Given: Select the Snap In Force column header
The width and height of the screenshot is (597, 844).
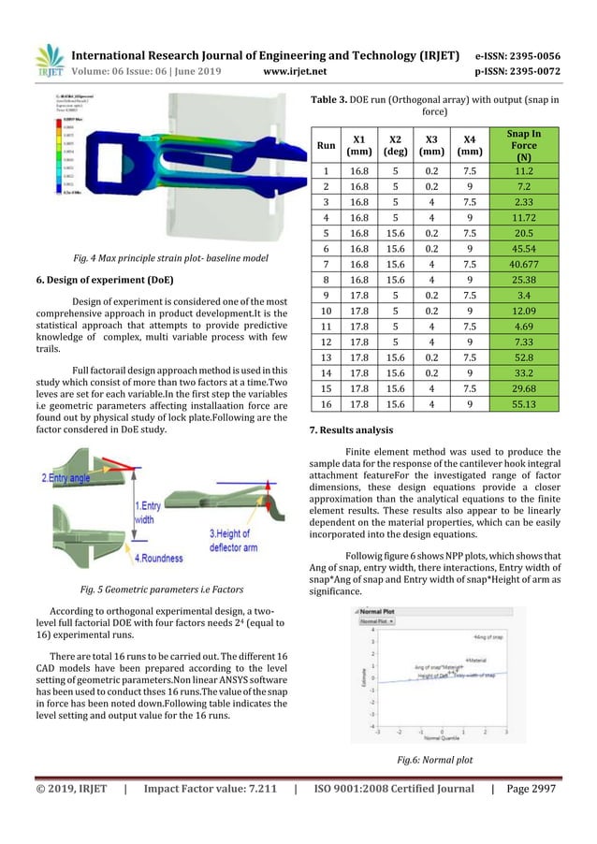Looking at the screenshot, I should [x=530, y=145].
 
